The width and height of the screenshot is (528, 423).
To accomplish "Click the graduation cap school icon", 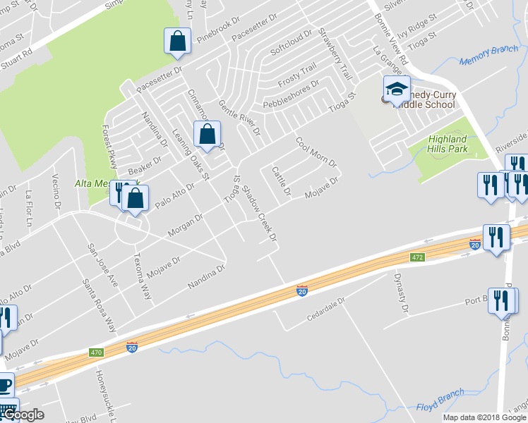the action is coord(397,90).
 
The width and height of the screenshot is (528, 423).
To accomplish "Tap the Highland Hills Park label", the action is coord(448,145).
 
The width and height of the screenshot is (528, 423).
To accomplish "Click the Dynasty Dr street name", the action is coord(401,293).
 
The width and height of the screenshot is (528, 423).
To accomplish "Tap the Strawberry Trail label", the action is coord(334,54).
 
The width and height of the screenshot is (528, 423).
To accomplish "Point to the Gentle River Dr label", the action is coord(239,118).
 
